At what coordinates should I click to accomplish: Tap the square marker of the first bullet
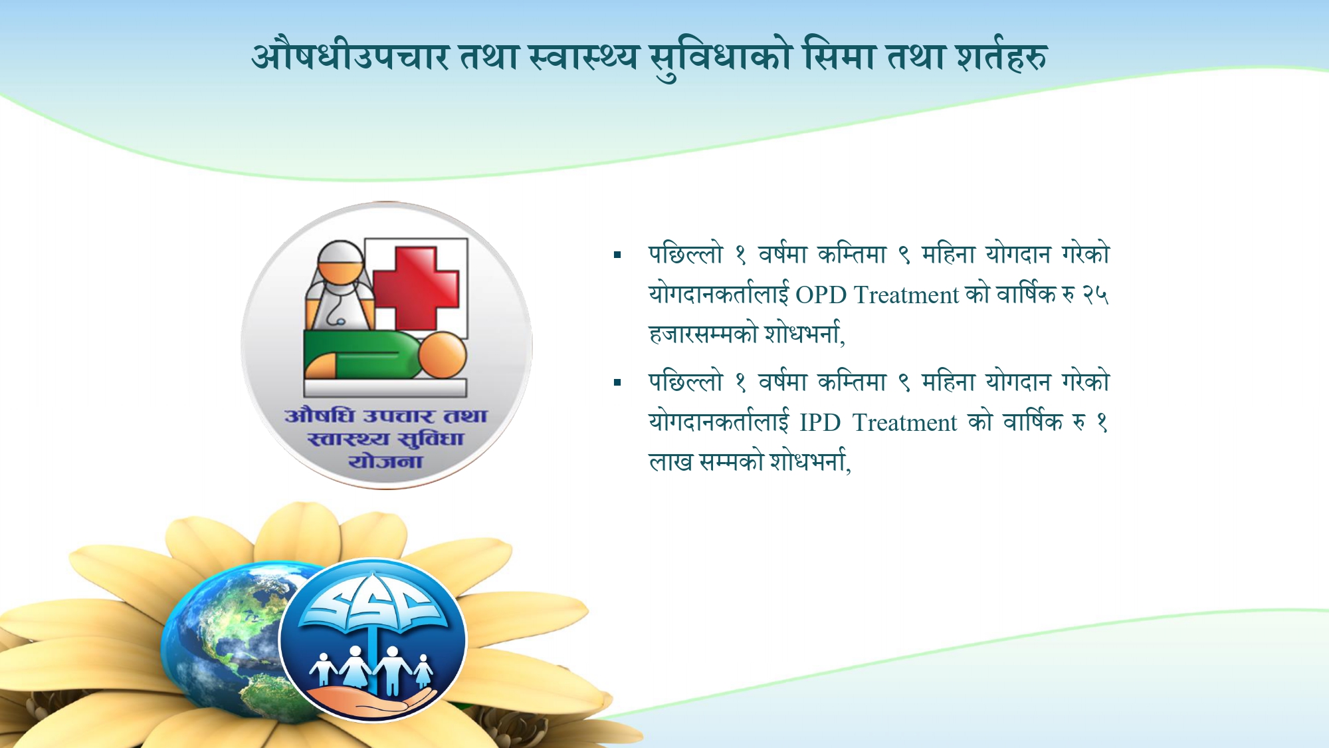(x=617, y=255)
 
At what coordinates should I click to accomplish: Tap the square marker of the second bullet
(x=617, y=382)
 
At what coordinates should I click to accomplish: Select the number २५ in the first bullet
(x=1096, y=295)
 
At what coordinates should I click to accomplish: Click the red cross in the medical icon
(x=416, y=287)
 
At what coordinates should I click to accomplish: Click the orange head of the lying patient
(x=441, y=355)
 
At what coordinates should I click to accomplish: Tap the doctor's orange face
(x=339, y=269)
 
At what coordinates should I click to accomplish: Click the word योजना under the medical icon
(x=385, y=461)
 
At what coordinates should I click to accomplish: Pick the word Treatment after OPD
(x=906, y=295)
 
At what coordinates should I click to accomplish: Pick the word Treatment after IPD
(x=904, y=422)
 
